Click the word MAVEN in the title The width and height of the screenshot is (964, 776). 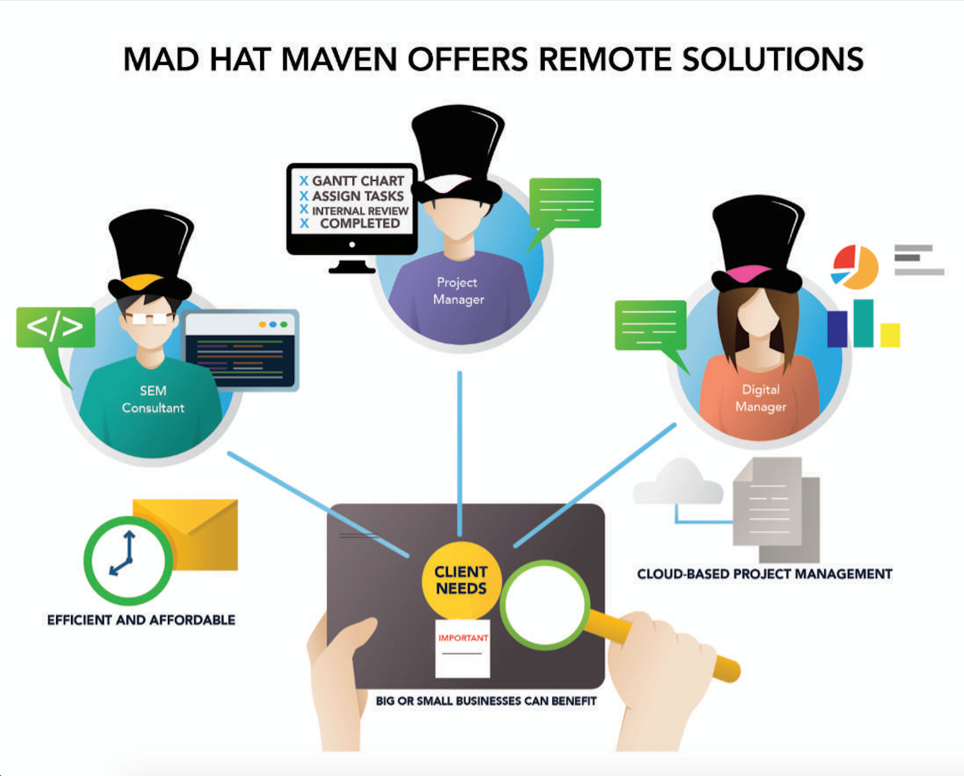338,59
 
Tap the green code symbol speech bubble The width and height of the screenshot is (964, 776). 55,327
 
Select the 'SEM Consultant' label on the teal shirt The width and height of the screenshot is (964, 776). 153,399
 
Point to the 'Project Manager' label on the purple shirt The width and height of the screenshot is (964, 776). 458,291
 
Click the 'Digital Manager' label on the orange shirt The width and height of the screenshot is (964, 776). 760,398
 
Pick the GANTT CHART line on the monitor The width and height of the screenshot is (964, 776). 358,181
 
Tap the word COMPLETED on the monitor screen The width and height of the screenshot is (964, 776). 360,223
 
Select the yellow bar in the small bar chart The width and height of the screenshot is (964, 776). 890,335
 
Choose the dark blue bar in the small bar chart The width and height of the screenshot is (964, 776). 837,329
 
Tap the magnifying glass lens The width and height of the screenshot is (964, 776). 545,604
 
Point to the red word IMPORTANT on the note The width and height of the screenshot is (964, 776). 463,638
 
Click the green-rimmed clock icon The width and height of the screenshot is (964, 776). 128,560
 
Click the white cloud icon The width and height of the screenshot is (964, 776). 679,483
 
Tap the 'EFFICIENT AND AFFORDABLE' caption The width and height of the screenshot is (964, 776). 141,620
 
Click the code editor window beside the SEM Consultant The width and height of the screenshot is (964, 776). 240,351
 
